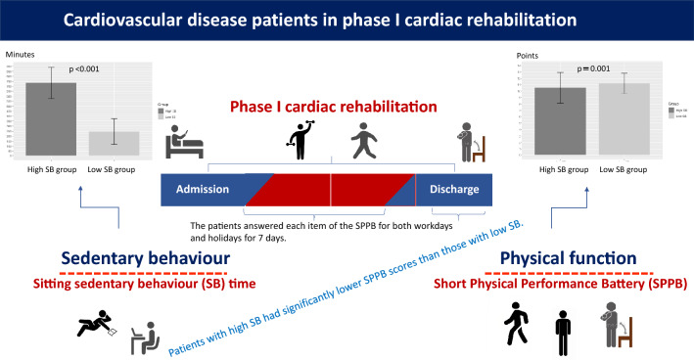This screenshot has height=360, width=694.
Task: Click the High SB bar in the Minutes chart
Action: [x=51, y=118]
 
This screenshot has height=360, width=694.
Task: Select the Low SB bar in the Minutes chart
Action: [x=114, y=143]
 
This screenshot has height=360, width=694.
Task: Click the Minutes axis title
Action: [x=21, y=56]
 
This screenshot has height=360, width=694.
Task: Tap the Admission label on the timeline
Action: [x=201, y=189]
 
